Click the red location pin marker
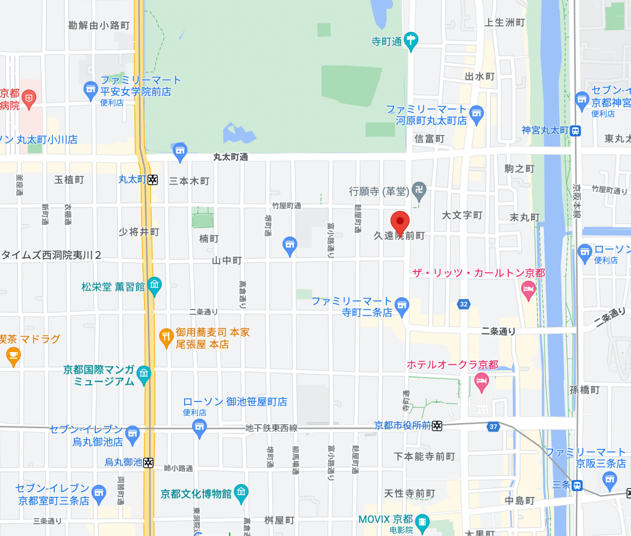(x=400, y=221)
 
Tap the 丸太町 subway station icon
(x=152, y=180)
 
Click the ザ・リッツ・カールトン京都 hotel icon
(x=528, y=288)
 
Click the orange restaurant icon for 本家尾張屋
(x=167, y=336)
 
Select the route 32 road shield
(x=464, y=304)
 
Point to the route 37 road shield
(x=493, y=427)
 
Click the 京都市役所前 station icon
(x=436, y=426)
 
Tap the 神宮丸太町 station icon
(x=576, y=131)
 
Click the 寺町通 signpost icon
(x=412, y=40)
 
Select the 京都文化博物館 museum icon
(x=241, y=493)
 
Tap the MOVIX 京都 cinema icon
(x=422, y=520)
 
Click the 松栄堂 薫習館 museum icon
(x=154, y=286)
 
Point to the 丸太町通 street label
(x=231, y=157)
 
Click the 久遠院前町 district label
(x=400, y=236)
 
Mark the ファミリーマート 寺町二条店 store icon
(x=401, y=304)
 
